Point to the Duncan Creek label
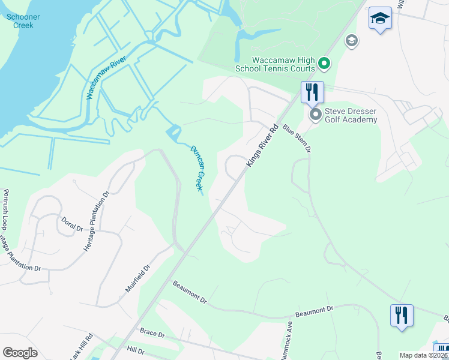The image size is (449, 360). (x=197, y=169)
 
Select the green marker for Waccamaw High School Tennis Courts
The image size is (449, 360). (x=324, y=62)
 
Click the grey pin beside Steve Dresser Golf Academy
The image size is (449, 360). (x=315, y=114)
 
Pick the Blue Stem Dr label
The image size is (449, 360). (x=297, y=138)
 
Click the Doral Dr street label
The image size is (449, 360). (x=71, y=224)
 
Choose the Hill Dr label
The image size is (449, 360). (x=136, y=350)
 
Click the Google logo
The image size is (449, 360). (x=20, y=353)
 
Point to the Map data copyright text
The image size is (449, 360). (x=423, y=355)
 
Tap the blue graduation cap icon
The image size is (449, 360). (x=380, y=19)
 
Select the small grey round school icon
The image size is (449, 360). (x=351, y=41)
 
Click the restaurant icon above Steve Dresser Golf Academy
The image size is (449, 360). (x=312, y=92)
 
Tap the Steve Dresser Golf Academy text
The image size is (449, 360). (x=351, y=115)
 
